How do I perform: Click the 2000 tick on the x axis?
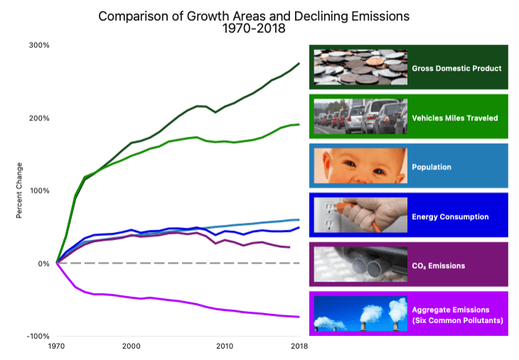131,346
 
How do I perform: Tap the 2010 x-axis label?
225,346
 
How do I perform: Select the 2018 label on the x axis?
298,346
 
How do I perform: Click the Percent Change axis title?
21,190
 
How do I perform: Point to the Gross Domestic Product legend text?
456,68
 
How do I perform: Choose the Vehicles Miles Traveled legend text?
455,117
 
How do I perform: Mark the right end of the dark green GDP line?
299,63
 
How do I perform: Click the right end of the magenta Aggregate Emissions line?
299,317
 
